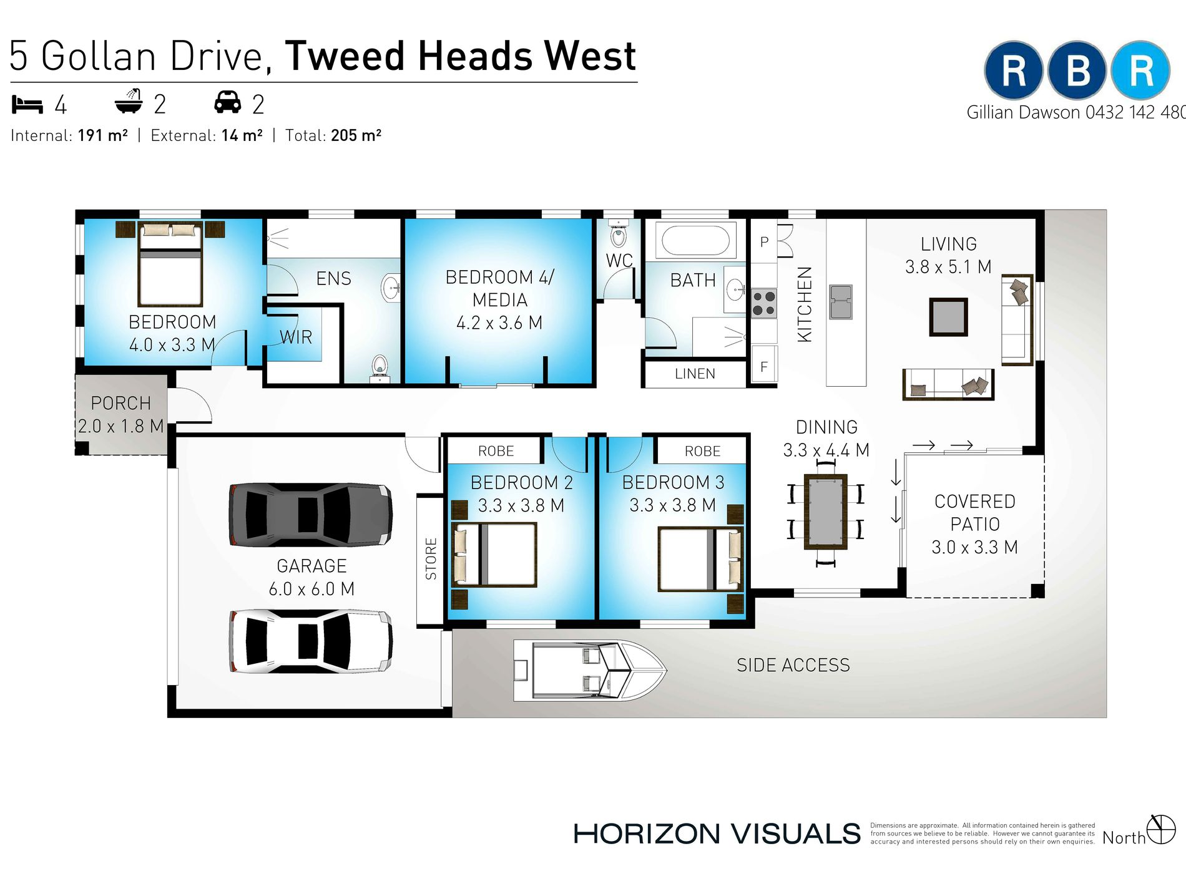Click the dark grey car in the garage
[x=311, y=515]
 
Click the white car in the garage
[x=311, y=641]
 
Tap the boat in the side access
[x=590, y=671]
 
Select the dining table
[x=825, y=512]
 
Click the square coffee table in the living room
[x=948, y=317]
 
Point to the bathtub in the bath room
[x=695, y=241]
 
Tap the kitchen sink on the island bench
[x=841, y=302]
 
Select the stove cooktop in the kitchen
[x=763, y=303]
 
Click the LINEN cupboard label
[x=695, y=374]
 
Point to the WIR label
[x=296, y=338]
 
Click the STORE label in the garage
[x=431, y=559]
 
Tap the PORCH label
[x=121, y=404]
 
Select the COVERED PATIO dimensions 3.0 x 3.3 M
[x=974, y=548]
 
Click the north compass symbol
[x=1161, y=829]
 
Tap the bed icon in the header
[x=27, y=105]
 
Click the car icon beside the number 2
[x=228, y=102]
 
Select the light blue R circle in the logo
[x=1141, y=70]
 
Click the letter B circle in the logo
[x=1077, y=70]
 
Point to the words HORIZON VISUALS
[x=717, y=834]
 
